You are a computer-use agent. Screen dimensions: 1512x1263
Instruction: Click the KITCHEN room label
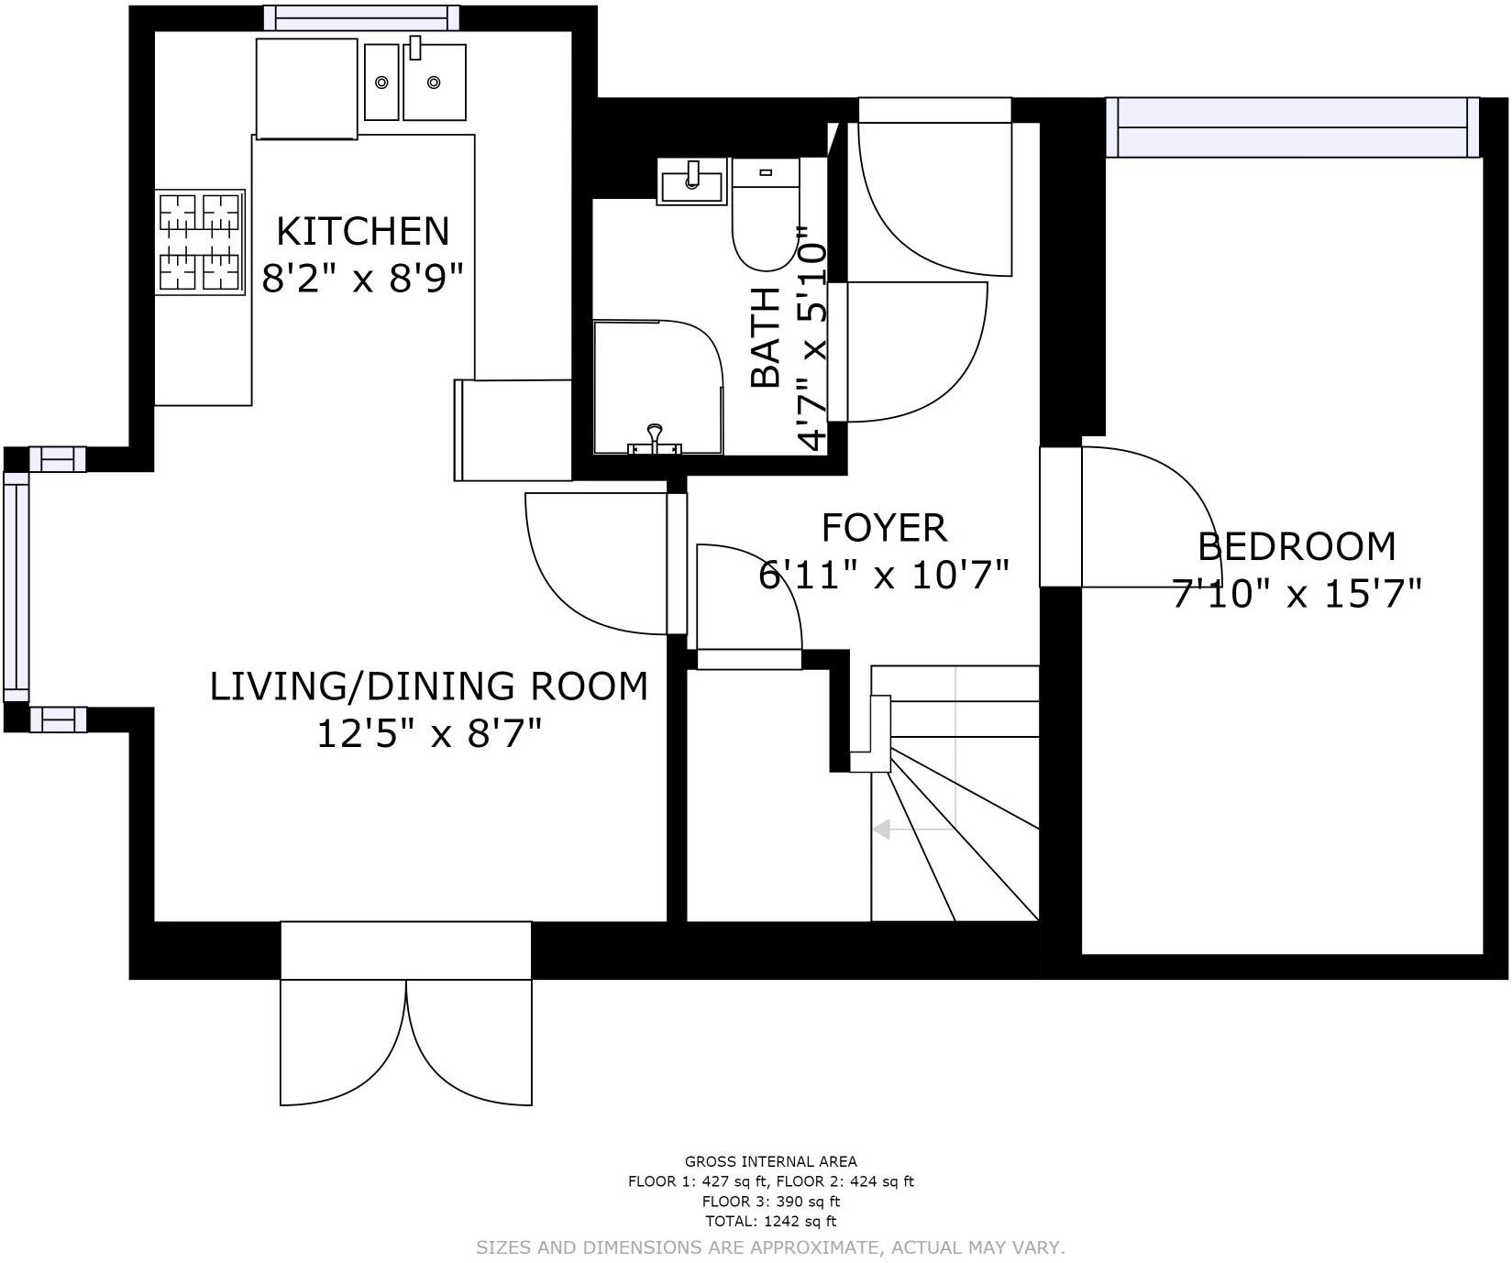click(x=363, y=231)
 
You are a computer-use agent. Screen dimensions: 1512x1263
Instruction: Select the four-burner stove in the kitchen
click(x=200, y=242)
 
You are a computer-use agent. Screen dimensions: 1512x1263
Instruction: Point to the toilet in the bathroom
click(x=766, y=214)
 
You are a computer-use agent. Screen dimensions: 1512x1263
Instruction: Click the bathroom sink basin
click(x=692, y=181)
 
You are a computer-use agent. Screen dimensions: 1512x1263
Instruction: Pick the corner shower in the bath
click(x=657, y=387)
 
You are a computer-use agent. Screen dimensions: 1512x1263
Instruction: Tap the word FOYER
click(x=884, y=528)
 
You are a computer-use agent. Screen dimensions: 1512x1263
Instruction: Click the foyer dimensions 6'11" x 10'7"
click(x=884, y=576)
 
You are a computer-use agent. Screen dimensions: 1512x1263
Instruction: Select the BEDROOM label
click(x=1297, y=546)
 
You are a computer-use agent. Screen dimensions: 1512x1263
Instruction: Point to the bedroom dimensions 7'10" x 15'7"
click(x=1297, y=594)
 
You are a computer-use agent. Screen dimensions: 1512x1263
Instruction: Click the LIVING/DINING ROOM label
click(x=429, y=686)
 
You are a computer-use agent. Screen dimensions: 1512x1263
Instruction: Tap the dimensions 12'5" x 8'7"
click(x=429, y=733)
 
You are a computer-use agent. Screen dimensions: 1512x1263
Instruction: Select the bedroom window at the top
click(x=1293, y=127)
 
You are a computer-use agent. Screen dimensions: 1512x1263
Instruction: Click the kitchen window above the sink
click(x=362, y=17)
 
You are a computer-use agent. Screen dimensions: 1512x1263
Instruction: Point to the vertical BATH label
click(x=766, y=337)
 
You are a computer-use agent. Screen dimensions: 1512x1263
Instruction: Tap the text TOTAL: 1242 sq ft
click(x=771, y=1221)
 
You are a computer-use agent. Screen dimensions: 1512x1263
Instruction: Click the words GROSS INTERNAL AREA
click(x=771, y=1161)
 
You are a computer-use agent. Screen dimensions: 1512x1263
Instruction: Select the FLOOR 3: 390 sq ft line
click(x=771, y=1202)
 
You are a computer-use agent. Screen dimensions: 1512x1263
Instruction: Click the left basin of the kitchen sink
click(x=381, y=82)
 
